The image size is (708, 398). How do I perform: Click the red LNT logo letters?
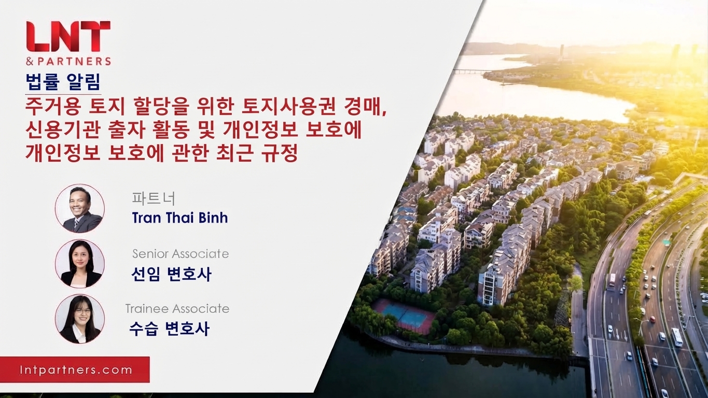tap(68, 36)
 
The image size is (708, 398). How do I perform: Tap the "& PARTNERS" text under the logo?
tap(68, 61)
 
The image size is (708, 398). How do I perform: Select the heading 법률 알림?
tap(63, 82)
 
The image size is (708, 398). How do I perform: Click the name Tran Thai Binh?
tap(180, 218)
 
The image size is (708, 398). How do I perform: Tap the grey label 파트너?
tap(154, 199)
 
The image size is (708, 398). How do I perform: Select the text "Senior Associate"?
tap(181, 253)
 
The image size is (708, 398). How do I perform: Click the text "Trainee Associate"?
tap(177, 308)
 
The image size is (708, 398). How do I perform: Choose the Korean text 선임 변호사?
tap(171, 274)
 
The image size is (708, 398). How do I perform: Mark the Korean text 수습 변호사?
tap(170, 329)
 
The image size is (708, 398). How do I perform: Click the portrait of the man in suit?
tap(80, 208)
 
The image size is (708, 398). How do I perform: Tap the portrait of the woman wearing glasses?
tap(80, 319)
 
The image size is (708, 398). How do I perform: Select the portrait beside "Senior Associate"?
tap(80, 264)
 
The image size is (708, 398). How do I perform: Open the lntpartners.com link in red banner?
tap(76, 370)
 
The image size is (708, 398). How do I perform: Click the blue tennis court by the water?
tap(404, 314)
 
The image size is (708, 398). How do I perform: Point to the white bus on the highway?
tap(677, 337)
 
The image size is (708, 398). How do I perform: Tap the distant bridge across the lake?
tap(468, 72)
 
